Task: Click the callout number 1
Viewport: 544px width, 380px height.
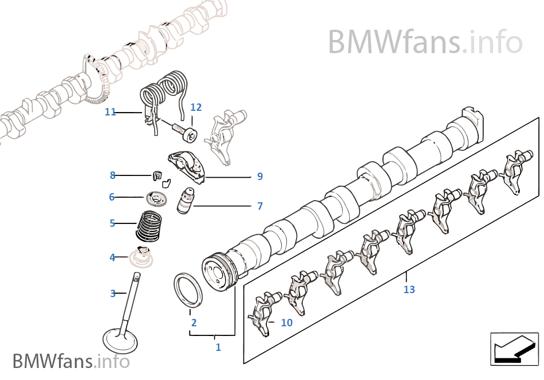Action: pos(218,347)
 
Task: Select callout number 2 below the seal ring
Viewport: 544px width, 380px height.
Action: pos(194,323)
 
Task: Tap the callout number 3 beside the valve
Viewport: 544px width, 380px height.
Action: pos(113,294)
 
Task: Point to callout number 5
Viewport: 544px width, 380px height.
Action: pos(113,223)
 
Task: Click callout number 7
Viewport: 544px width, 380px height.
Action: pos(260,206)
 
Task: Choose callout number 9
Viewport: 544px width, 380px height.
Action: pos(260,177)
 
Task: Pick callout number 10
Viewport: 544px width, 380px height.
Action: pos(286,323)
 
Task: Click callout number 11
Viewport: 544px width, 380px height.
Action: pos(110,112)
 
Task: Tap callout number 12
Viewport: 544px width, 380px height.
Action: pos(196,107)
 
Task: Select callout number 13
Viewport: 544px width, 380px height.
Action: pos(409,290)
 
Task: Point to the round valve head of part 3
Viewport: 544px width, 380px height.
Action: pos(120,342)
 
